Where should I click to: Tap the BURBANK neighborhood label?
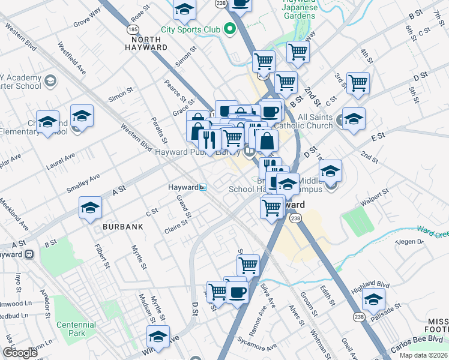point(122,227)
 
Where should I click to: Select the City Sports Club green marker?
point(229,28)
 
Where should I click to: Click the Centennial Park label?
point(76,329)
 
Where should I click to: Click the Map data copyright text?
point(424,355)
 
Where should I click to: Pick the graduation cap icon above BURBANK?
point(91,208)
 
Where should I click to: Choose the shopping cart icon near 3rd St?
point(358,83)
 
